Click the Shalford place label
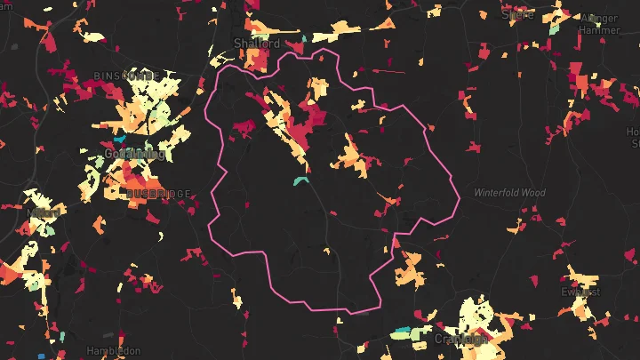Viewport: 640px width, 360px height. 256,43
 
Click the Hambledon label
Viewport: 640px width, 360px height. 113,351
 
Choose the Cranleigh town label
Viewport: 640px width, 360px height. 460,339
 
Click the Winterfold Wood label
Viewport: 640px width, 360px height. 509,192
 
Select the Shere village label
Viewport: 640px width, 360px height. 517,13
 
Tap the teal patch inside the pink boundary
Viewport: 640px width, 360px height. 300,180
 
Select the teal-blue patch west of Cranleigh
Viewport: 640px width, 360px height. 401,334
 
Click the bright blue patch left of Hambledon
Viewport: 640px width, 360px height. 41,356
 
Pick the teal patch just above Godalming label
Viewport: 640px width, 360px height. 120,140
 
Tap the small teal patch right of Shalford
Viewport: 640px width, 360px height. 302,38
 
